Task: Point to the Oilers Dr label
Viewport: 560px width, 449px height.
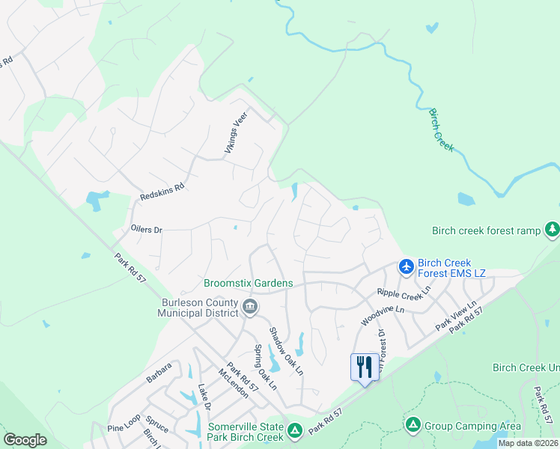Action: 146,230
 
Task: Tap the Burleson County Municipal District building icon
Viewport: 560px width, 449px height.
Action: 250,306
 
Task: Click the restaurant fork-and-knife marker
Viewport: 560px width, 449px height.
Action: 365,367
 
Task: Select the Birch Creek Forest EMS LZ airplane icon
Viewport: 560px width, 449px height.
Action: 406,266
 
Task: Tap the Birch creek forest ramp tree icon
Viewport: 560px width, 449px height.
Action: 552,230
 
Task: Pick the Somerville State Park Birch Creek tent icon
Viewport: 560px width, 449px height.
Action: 295,430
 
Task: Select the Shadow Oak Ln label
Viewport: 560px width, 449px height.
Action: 286,350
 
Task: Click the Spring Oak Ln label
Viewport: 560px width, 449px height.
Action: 264,367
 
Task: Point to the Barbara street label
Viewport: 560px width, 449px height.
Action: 159,373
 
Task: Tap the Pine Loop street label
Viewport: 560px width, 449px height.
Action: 124,423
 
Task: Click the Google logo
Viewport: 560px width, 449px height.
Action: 25,440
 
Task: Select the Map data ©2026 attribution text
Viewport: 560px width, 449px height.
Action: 528,443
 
